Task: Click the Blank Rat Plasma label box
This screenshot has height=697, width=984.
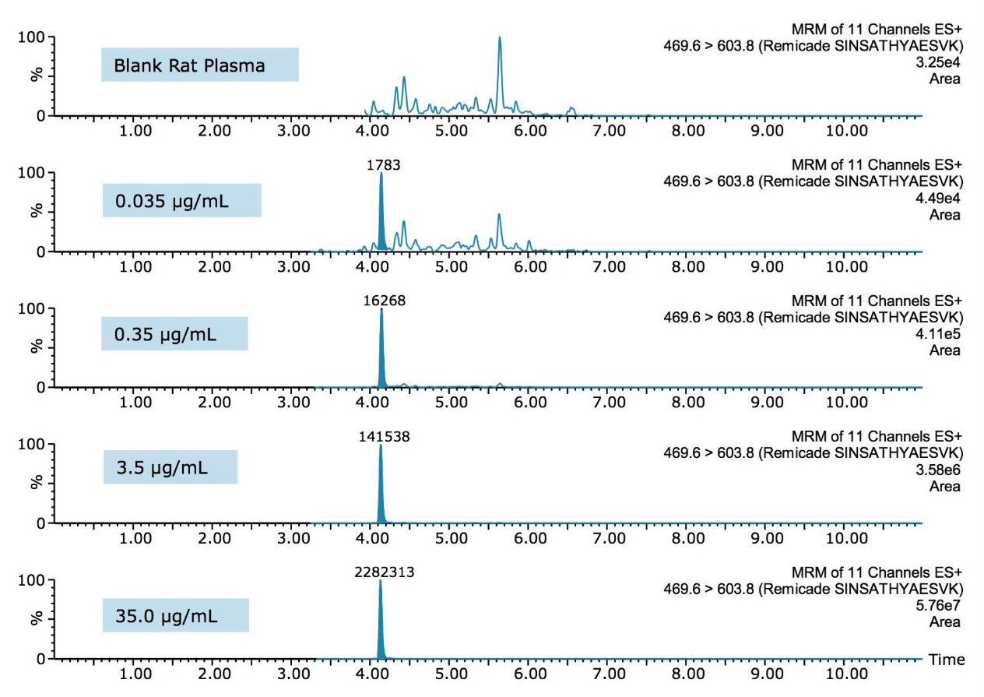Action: point(199,65)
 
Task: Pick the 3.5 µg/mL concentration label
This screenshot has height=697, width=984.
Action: point(170,469)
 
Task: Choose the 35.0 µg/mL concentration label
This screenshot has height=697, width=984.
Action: point(175,616)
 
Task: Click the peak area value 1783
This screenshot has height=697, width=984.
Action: point(381,165)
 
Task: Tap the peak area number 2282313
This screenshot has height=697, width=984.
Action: point(381,572)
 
